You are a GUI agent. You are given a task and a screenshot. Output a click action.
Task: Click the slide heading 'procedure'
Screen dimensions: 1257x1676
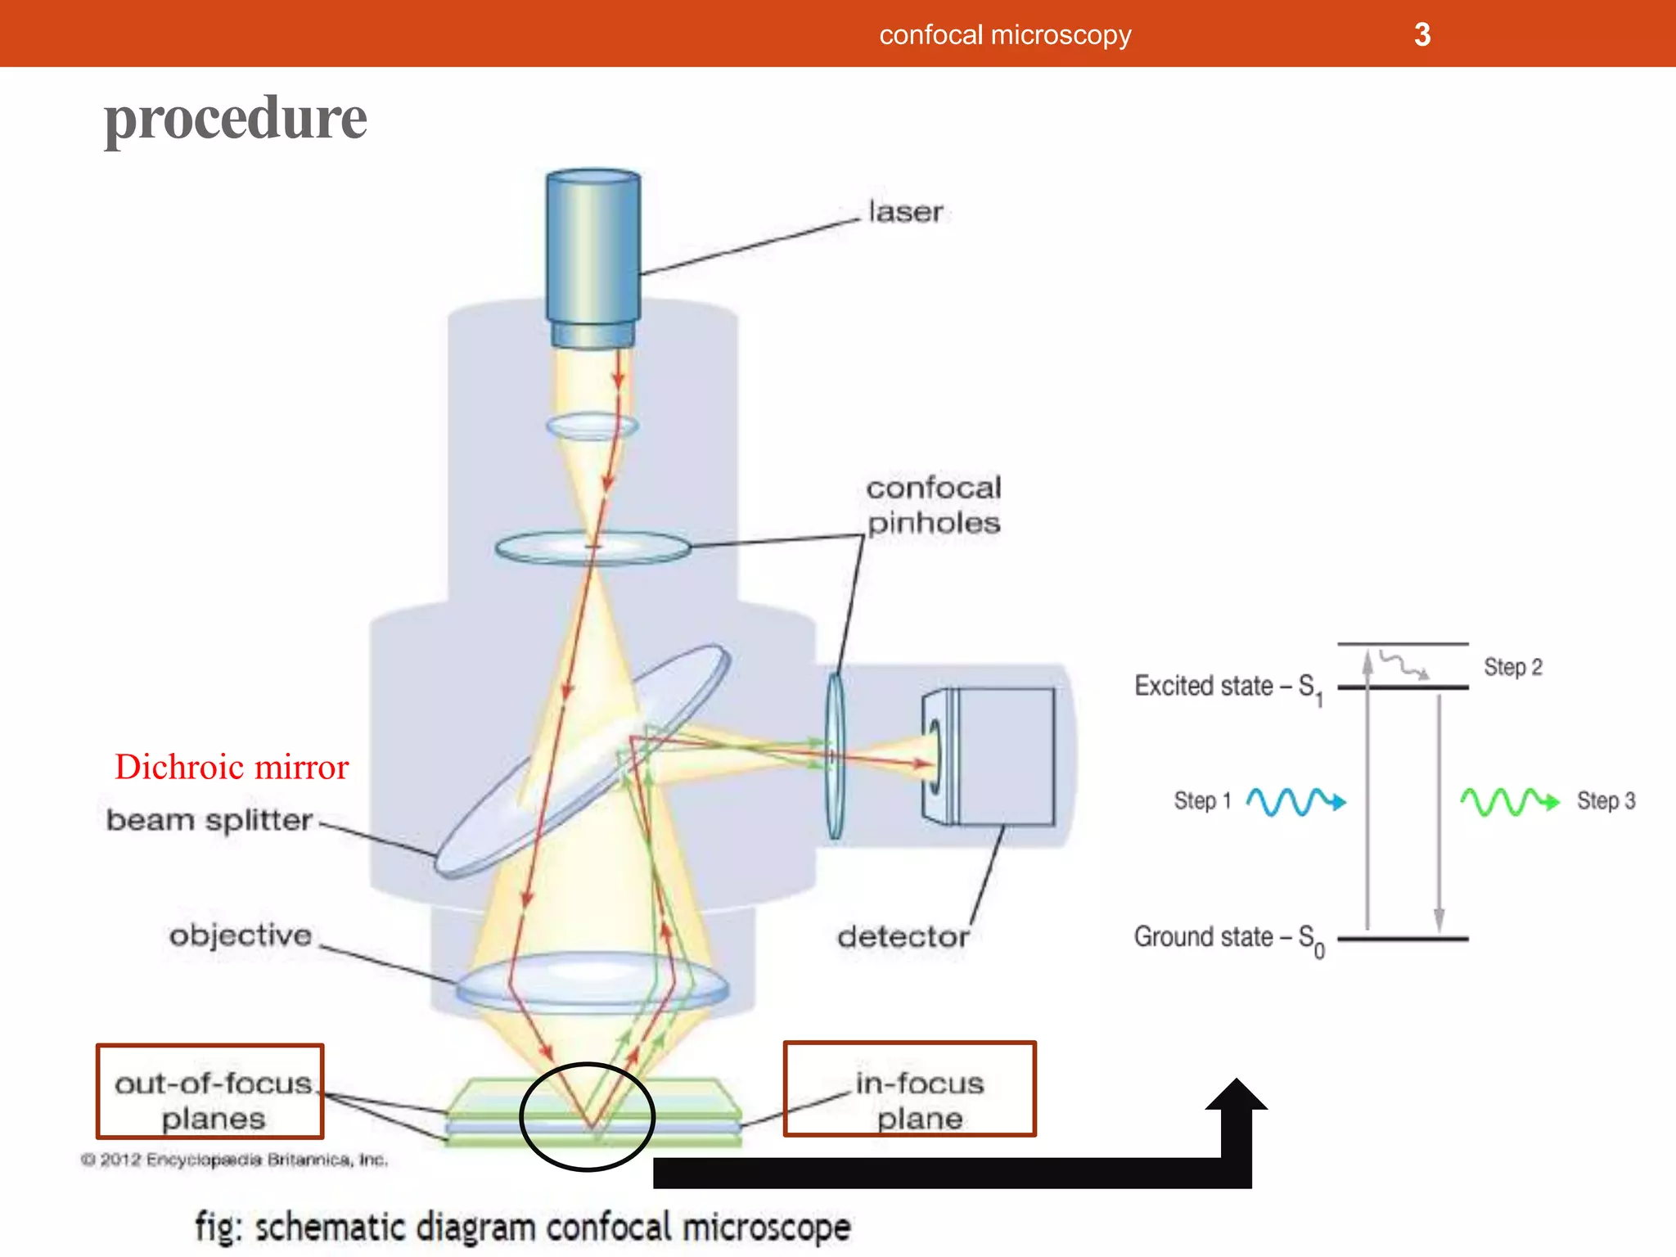point(236,119)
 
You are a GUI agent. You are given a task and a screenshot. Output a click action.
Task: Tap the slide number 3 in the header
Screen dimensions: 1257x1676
point(1422,34)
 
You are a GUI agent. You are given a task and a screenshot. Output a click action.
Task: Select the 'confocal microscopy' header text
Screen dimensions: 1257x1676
point(1005,34)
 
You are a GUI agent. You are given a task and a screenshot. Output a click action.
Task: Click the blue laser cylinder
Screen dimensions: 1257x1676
point(593,254)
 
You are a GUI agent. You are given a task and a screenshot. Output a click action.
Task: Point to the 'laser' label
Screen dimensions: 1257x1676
point(905,212)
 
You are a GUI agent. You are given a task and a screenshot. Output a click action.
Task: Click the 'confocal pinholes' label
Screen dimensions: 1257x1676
point(934,505)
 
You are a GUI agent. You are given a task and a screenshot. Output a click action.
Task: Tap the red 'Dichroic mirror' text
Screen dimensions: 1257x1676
point(232,767)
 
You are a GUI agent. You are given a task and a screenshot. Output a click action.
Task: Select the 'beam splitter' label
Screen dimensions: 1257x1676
point(209,819)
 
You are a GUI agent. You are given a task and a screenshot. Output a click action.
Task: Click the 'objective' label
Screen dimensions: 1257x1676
point(241,935)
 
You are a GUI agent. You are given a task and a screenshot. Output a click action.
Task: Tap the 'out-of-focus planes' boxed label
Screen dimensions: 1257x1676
point(211,1092)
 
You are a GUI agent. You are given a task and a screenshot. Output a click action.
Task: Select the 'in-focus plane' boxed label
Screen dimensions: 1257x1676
point(911,1089)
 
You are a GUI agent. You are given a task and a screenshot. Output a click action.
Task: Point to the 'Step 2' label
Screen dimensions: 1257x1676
point(1513,667)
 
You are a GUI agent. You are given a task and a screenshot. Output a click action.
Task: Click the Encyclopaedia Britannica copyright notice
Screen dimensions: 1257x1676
point(235,1160)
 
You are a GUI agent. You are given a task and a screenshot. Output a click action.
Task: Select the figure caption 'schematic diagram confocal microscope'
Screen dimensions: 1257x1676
point(524,1228)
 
